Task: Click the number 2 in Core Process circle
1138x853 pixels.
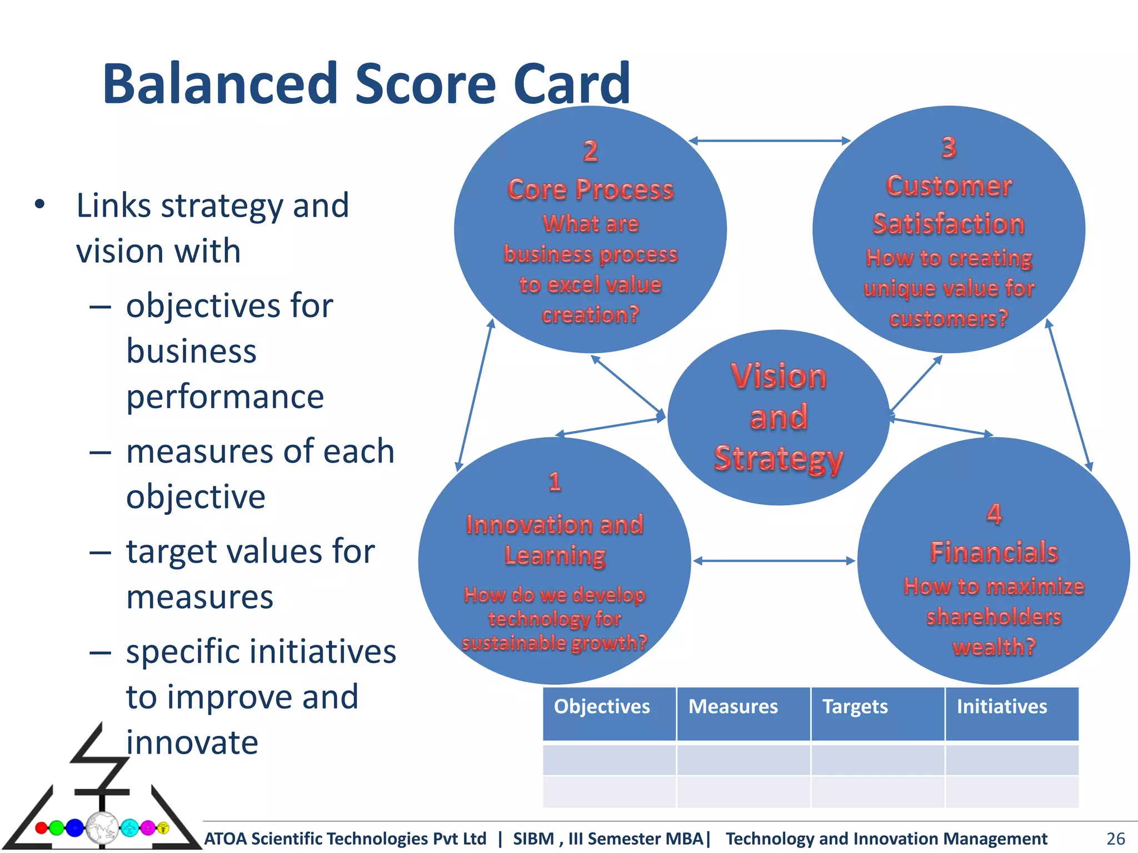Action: (x=590, y=151)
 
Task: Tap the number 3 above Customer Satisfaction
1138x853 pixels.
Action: (x=949, y=148)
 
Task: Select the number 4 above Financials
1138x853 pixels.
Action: (x=994, y=514)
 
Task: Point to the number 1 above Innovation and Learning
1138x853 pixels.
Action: (x=555, y=481)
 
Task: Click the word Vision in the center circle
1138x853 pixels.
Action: (x=778, y=376)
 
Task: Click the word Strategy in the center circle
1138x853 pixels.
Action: (x=778, y=459)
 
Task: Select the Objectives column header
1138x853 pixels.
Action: (x=602, y=706)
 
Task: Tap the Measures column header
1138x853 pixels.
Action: (x=733, y=706)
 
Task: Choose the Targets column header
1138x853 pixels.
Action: (x=855, y=706)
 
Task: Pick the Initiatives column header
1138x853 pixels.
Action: (x=1001, y=706)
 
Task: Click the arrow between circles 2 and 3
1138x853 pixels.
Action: (x=770, y=141)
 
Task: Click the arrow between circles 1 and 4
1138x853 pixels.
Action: (x=774, y=561)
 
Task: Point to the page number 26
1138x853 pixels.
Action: (x=1115, y=839)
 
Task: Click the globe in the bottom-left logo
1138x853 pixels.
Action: (x=102, y=827)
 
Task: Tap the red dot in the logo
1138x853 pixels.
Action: (x=41, y=828)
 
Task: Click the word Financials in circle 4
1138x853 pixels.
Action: (x=994, y=552)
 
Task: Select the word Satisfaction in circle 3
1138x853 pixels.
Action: (x=949, y=224)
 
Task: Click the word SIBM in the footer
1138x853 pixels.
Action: (x=533, y=839)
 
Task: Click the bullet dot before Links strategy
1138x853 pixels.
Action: (x=39, y=204)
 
